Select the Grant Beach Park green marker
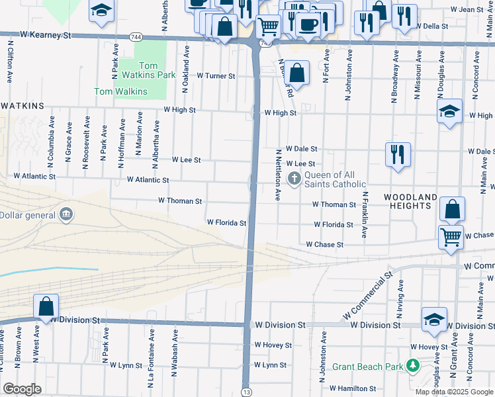(413, 365)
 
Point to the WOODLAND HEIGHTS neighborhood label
(410, 202)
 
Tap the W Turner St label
(216, 76)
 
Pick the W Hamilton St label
(353, 388)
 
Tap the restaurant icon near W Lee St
(398, 155)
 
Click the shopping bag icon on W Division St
(46, 307)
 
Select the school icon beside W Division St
(434, 320)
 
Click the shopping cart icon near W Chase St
(451, 236)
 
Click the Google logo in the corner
(22, 389)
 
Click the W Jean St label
(467, 10)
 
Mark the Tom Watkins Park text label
(148, 70)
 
